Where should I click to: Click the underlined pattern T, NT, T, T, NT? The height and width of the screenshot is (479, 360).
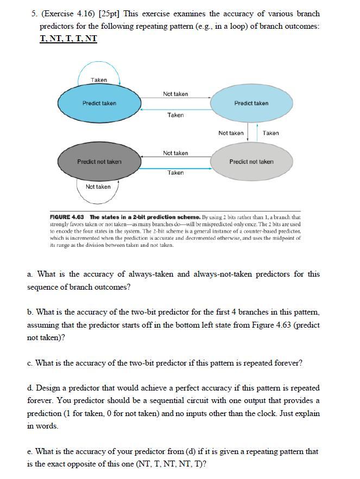click(x=68, y=39)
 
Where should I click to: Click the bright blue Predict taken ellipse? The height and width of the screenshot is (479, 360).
click(x=99, y=103)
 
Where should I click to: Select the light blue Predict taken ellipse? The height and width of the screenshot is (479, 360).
click(x=251, y=103)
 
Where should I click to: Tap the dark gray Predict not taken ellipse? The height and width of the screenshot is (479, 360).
click(x=99, y=162)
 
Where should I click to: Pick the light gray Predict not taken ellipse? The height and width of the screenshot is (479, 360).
click(x=251, y=162)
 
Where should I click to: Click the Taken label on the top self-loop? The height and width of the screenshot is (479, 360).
click(x=99, y=80)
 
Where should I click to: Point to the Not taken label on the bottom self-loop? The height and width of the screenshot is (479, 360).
click(x=98, y=187)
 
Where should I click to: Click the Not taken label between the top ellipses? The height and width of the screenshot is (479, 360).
click(x=175, y=94)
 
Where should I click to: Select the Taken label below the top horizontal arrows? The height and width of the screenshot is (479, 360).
click(x=175, y=115)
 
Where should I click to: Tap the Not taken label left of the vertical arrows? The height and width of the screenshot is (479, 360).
click(x=231, y=133)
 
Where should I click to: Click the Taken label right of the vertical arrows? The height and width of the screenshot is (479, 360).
click(x=270, y=133)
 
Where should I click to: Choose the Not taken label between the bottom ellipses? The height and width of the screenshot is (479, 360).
click(x=175, y=153)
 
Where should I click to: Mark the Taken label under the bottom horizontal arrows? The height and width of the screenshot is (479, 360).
click(x=175, y=173)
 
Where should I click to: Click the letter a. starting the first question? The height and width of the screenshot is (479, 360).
click(x=30, y=274)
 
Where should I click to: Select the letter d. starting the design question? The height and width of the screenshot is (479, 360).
click(x=30, y=388)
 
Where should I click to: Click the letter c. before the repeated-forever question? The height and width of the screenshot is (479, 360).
click(x=30, y=363)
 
